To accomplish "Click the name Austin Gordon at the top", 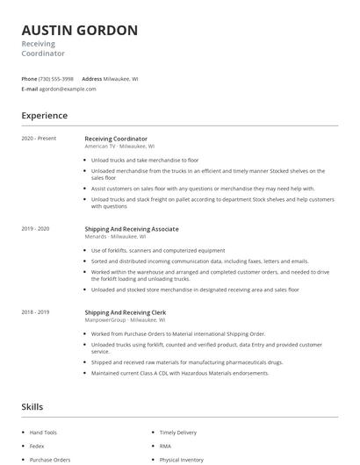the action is [79, 31].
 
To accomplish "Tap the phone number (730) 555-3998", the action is [56, 79].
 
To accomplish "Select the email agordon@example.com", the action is [68, 89].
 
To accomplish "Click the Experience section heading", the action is [44, 116].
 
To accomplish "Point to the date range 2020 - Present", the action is [39, 139].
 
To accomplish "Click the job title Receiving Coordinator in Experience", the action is [116, 139].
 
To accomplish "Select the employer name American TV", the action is [99, 147].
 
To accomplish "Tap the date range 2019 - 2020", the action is [35, 228].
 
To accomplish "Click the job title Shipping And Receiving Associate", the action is [132, 228].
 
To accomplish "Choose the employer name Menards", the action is [95, 236].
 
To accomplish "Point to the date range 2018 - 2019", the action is [35, 312].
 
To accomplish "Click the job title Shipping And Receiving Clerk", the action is [126, 312].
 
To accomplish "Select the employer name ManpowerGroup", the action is [105, 320].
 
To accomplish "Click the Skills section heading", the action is [32, 406].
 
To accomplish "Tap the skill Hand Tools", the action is [43, 433].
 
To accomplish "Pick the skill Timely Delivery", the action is [178, 433].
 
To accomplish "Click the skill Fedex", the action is [38, 446].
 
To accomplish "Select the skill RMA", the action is [164, 446].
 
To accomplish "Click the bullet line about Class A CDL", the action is [180, 373].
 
